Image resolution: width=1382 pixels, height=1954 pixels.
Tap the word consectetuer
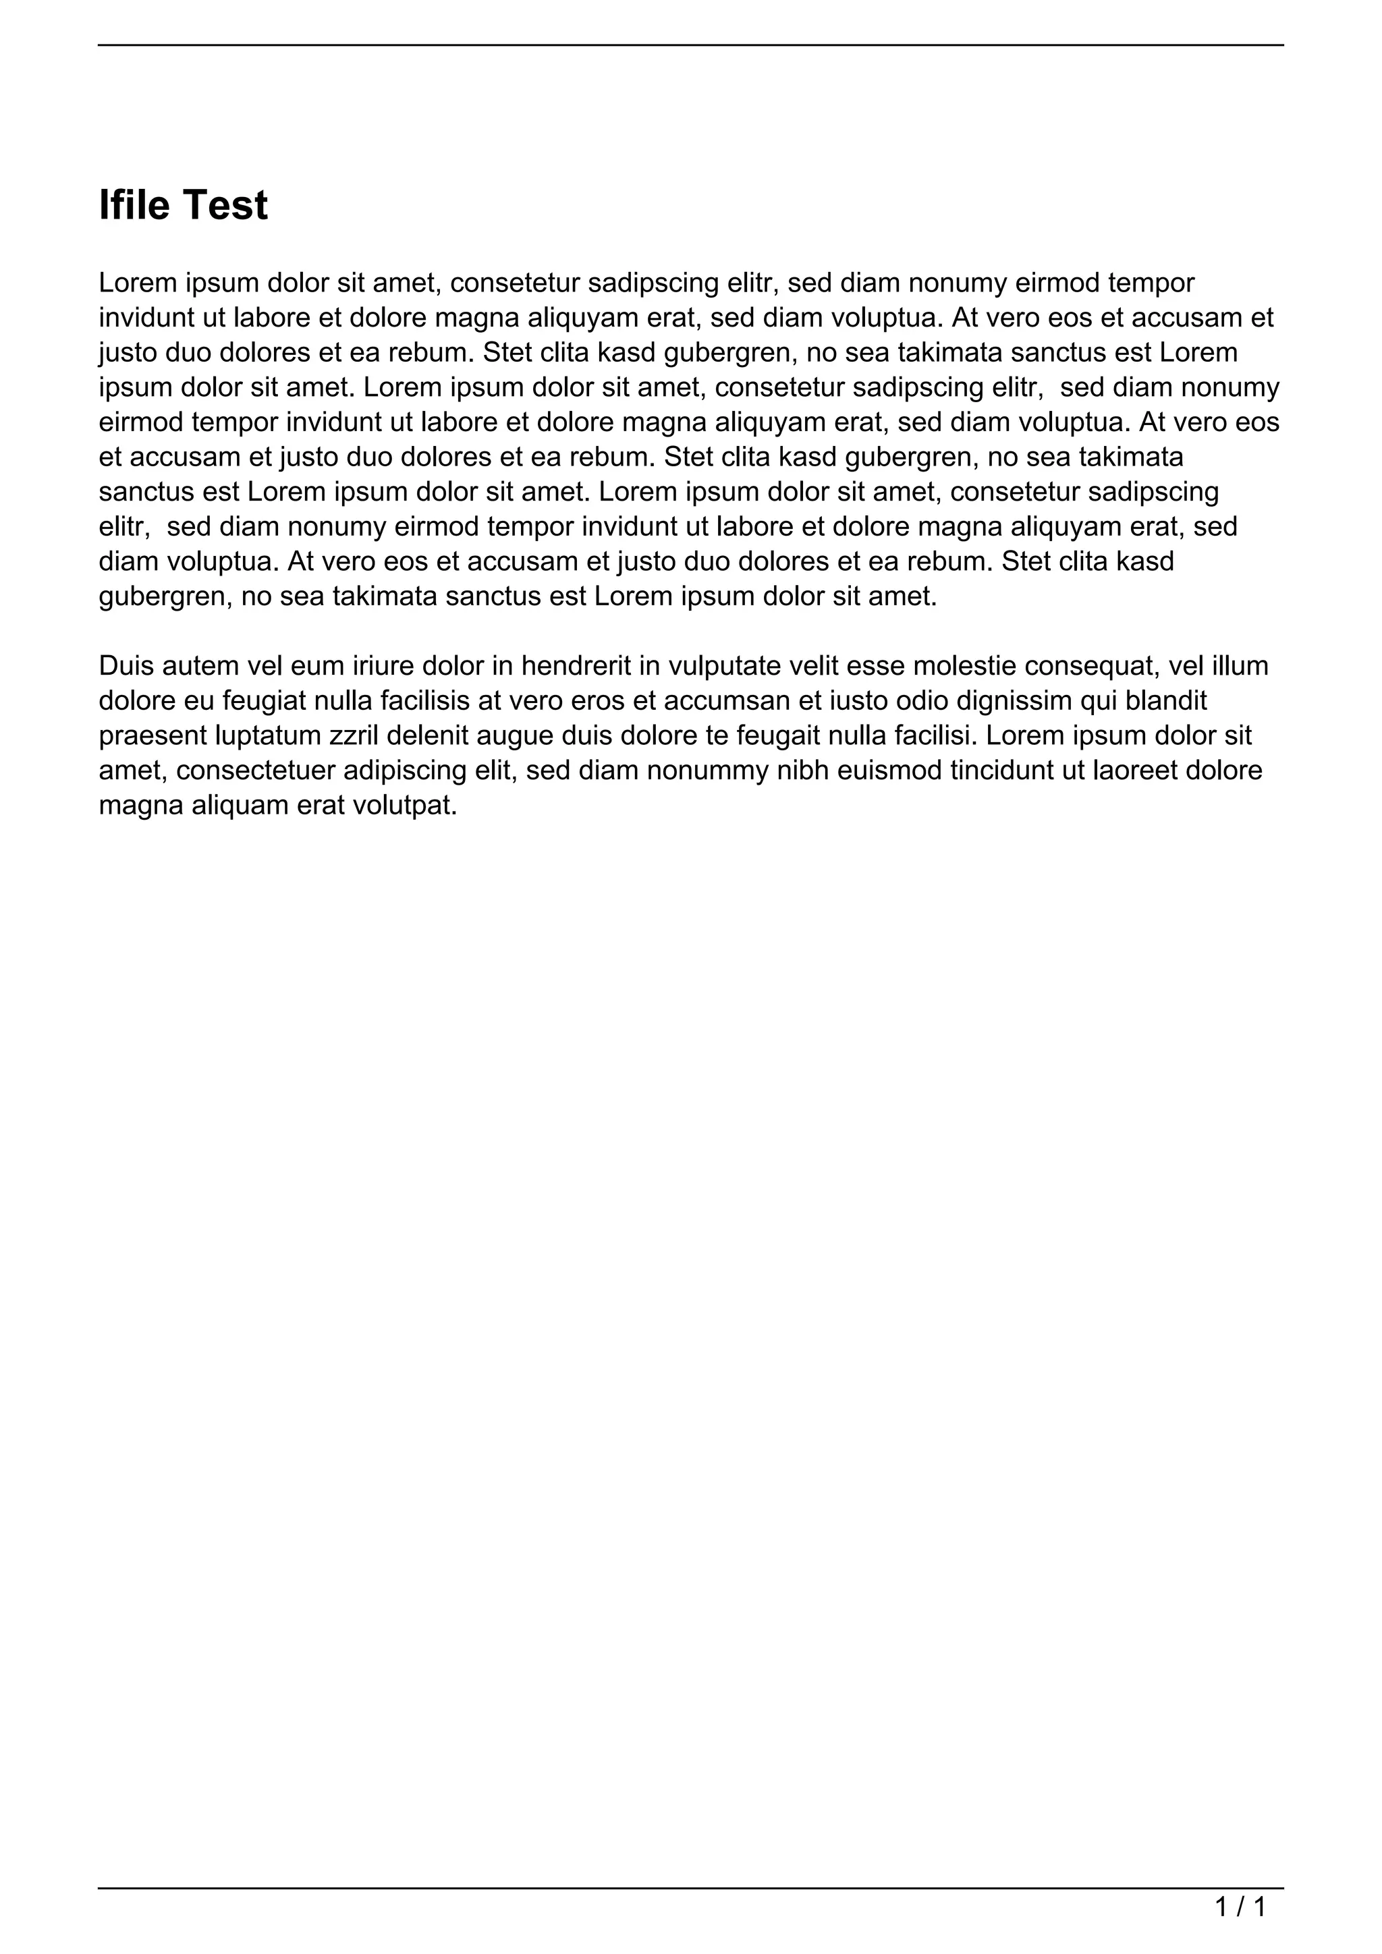(255, 770)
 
